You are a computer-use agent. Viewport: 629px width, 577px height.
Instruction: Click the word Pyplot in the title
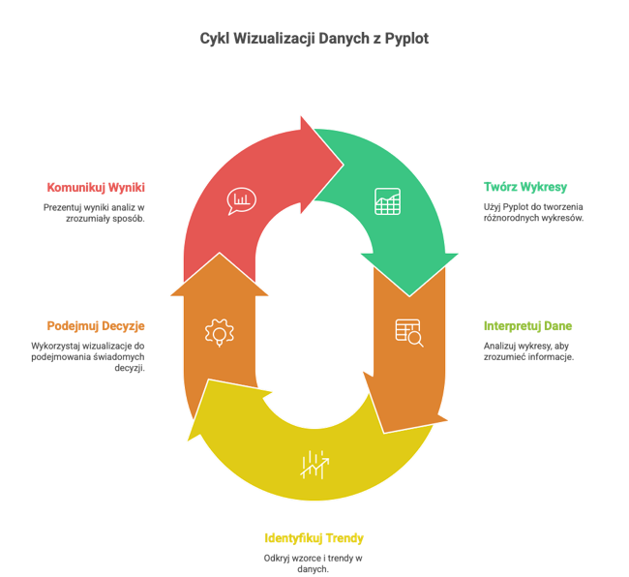click(406, 39)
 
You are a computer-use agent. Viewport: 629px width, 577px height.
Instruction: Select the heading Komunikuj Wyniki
click(96, 188)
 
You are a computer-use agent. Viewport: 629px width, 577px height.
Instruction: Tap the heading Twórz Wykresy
click(525, 187)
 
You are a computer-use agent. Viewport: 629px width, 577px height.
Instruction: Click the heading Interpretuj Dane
click(527, 326)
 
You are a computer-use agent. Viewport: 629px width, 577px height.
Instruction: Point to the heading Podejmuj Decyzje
click(96, 326)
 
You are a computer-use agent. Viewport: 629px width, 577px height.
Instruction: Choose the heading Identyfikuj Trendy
click(314, 538)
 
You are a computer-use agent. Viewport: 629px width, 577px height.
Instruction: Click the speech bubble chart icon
click(241, 200)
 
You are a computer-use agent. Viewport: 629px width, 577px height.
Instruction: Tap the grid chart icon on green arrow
click(387, 201)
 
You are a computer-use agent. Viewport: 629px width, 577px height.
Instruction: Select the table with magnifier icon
click(409, 333)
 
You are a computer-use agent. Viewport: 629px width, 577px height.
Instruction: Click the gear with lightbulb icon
click(220, 333)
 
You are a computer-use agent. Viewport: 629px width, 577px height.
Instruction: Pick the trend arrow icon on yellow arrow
click(314, 465)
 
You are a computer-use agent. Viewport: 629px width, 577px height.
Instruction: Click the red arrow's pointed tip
click(344, 165)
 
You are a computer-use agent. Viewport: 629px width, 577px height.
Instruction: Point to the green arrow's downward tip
click(409, 296)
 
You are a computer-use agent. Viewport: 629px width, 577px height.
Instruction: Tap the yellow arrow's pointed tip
click(188, 440)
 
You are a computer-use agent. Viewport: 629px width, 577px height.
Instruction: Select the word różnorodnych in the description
click(509, 218)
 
